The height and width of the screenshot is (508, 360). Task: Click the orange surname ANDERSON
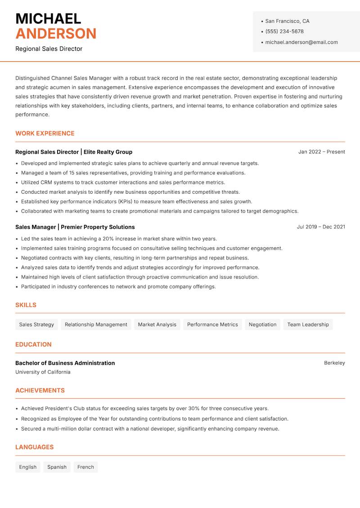56,34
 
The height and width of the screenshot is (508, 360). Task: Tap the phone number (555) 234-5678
284,31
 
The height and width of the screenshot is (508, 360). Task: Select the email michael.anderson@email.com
301,42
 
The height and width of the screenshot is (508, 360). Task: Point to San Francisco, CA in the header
287,21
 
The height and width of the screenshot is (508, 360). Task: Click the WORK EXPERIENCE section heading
45,134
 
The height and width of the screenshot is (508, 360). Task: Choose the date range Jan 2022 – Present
321,152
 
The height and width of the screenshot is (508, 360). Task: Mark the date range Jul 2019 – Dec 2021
321,227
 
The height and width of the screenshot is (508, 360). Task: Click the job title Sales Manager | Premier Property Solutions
75,227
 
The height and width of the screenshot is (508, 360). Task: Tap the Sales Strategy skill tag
36,325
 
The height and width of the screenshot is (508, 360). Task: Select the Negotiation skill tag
262,325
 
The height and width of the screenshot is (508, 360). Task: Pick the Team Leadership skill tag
308,325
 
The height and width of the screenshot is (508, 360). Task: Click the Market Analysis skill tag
157,325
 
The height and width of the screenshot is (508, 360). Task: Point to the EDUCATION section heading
33,344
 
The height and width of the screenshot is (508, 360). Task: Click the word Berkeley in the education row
334,363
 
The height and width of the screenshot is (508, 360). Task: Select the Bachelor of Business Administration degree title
65,363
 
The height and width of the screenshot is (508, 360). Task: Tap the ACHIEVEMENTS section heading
40,391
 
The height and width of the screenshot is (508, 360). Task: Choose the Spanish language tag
57,467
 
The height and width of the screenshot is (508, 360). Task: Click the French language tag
85,467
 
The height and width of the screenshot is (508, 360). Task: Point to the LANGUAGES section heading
34,447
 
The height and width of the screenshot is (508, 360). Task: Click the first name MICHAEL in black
48,18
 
